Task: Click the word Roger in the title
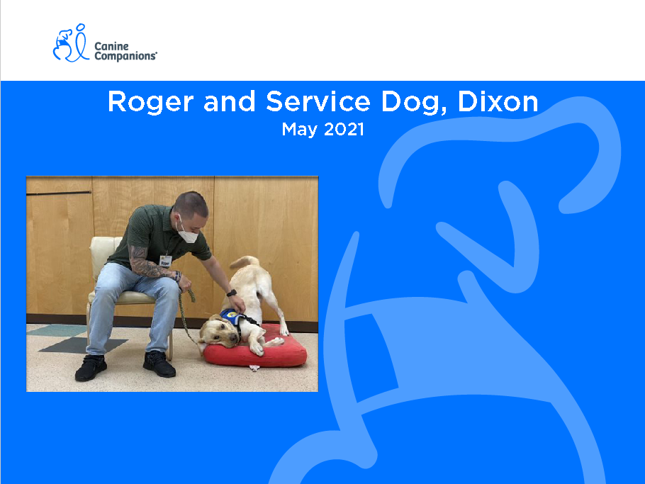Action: click(150, 102)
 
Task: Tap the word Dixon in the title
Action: click(498, 101)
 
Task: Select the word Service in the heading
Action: click(318, 101)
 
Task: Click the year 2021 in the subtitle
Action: click(344, 130)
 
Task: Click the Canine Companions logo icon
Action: click(71, 43)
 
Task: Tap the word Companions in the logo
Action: click(125, 56)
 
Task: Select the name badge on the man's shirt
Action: click(165, 261)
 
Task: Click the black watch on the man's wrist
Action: click(232, 293)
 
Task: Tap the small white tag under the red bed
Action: click(254, 368)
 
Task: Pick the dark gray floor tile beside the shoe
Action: click(83, 345)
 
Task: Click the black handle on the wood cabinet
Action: click(58, 193)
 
